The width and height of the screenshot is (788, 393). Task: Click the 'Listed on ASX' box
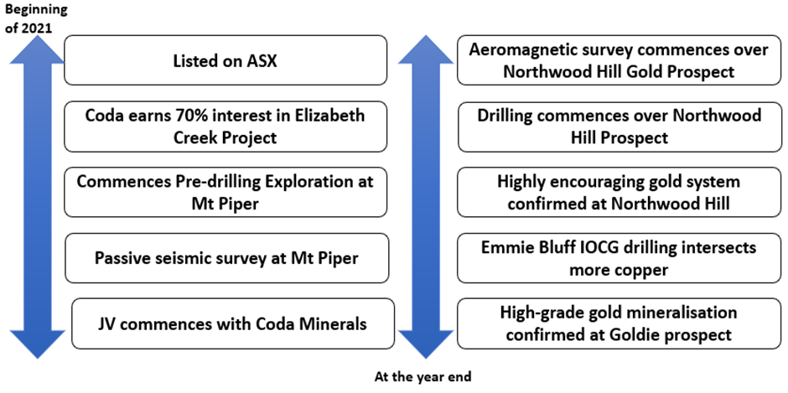(x=226, y=59)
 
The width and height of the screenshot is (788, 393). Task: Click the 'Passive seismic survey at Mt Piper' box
(x=226, y=258)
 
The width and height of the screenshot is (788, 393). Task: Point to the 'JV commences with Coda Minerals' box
(x=233, y=323)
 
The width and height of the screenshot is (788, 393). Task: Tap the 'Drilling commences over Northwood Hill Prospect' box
(x=620, y=127)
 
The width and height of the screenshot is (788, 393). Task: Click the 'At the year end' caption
(x=423, y=377)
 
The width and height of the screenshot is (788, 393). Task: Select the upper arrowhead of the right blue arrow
(x=426, y=50)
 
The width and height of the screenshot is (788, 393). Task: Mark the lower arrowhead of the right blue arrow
(x=426, y=344)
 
